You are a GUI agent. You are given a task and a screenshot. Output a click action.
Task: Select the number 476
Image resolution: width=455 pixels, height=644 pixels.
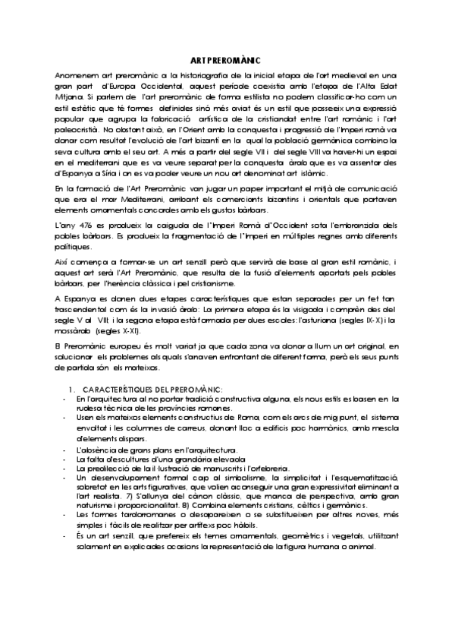[89, 226]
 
